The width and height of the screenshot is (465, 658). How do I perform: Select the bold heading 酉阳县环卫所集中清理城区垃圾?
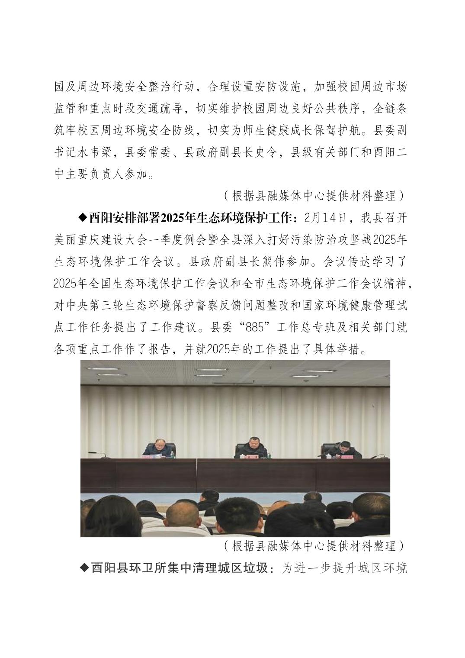pyautogui.click(x=182, y=568)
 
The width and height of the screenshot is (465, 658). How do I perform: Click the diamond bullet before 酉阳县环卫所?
pyautogui.click(x=84, y=568)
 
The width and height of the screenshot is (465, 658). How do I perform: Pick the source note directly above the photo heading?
pyautogui.click(x=314, y=196)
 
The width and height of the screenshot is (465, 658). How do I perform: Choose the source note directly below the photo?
pyautogui.click(x=314, y=546)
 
